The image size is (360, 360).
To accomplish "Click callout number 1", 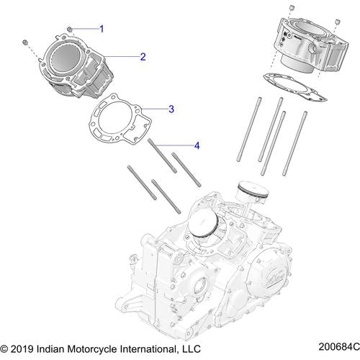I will (102, 29).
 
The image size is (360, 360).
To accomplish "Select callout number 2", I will (143, 56).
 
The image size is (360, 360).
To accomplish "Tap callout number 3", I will (171, 109).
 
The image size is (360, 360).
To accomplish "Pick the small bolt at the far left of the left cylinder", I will (26, 41).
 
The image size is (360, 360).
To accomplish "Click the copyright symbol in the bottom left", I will (6, 349).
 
